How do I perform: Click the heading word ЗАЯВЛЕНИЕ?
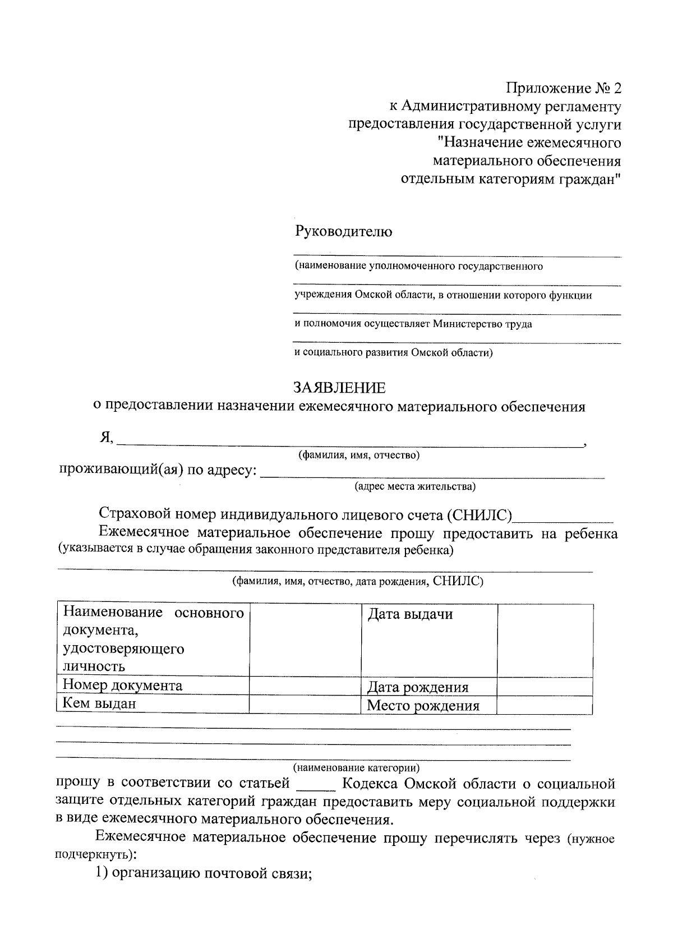tap(339, 388)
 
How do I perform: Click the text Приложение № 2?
tap(564, 89)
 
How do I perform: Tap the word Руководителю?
tap(344, 231)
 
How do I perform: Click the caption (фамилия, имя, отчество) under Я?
tap(359, 455)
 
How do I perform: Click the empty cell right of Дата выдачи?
tap(545, 640)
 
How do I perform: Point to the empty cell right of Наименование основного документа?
tap(305, 640)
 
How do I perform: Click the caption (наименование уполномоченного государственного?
tap(419, 266)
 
